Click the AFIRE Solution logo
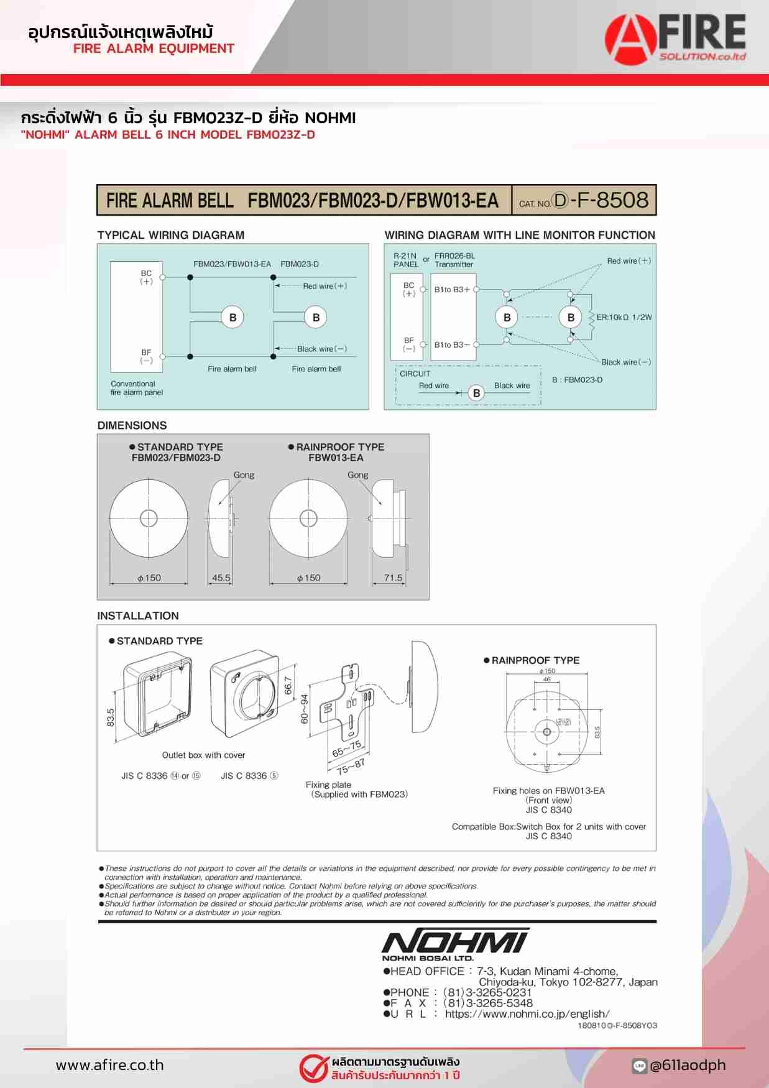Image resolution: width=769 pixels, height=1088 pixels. point(676,39)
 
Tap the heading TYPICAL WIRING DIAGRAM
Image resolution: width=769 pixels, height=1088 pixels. point(170,235)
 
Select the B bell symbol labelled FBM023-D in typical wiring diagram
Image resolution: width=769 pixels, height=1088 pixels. point(316,317)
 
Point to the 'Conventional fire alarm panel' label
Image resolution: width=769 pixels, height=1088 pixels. point(137,388)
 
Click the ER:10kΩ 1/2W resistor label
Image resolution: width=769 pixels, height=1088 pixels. point(624,317)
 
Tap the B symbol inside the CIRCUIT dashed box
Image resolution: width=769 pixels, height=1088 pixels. point(476,393)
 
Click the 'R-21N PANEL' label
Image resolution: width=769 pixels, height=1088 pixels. point(405,260)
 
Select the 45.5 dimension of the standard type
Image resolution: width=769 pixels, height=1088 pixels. point(221,578)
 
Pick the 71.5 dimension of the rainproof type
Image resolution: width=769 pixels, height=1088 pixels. point(393,578)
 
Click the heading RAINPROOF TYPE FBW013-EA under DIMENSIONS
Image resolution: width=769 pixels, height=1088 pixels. point(336,452)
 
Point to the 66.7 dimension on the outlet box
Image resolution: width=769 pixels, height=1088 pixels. point(288,685)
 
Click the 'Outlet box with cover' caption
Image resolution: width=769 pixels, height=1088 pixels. point(203,755)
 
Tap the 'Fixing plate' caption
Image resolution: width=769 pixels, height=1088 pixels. point(328,785)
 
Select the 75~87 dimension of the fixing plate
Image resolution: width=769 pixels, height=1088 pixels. point(351,766)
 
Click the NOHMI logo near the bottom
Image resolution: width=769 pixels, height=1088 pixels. point(455,943)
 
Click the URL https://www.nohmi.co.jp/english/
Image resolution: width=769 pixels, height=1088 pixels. point(527,1013)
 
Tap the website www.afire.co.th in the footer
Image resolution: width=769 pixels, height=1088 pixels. point(109,1065)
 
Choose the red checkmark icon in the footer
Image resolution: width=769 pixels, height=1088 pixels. point(313,1067)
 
